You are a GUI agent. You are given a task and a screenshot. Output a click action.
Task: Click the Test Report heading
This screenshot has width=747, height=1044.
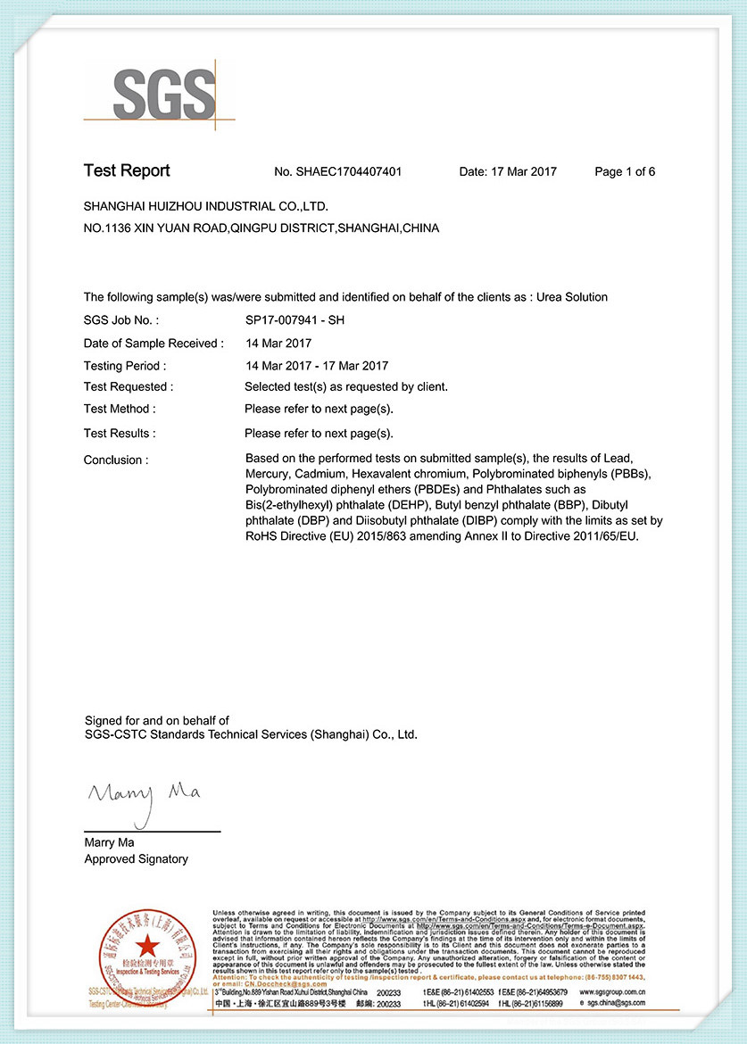(127, 171)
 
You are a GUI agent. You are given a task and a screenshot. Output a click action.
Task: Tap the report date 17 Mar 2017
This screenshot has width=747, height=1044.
(522, 172)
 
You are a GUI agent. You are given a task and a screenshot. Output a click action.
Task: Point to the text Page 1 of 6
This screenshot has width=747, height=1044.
(625, 172)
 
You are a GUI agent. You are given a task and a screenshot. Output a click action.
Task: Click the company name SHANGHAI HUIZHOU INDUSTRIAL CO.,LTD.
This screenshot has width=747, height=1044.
(206, 207)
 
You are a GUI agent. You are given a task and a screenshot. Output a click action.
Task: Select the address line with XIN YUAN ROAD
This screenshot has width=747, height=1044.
(261, 228)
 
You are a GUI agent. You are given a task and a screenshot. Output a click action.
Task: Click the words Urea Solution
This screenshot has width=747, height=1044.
(572, 297)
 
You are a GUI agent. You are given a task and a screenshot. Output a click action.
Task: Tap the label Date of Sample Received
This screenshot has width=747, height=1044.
(154, 344)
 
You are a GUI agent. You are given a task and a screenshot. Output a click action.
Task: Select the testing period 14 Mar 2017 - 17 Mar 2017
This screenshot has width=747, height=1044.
(317, 366)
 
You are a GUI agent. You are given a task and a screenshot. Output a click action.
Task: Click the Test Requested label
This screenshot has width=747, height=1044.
(129, 387)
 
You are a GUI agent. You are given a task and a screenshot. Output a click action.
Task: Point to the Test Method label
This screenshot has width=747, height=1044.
(120, 410)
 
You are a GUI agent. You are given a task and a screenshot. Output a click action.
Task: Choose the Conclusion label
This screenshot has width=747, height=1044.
(116, 460)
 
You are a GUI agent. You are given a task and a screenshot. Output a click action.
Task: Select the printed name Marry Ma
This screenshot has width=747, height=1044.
(109, 842)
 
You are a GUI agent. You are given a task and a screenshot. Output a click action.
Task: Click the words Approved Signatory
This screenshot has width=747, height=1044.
(137, 859)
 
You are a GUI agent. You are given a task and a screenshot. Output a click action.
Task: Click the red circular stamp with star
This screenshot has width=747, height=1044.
(147, 946)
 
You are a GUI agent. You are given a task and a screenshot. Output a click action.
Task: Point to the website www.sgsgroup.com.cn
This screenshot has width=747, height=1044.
(611, 992)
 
